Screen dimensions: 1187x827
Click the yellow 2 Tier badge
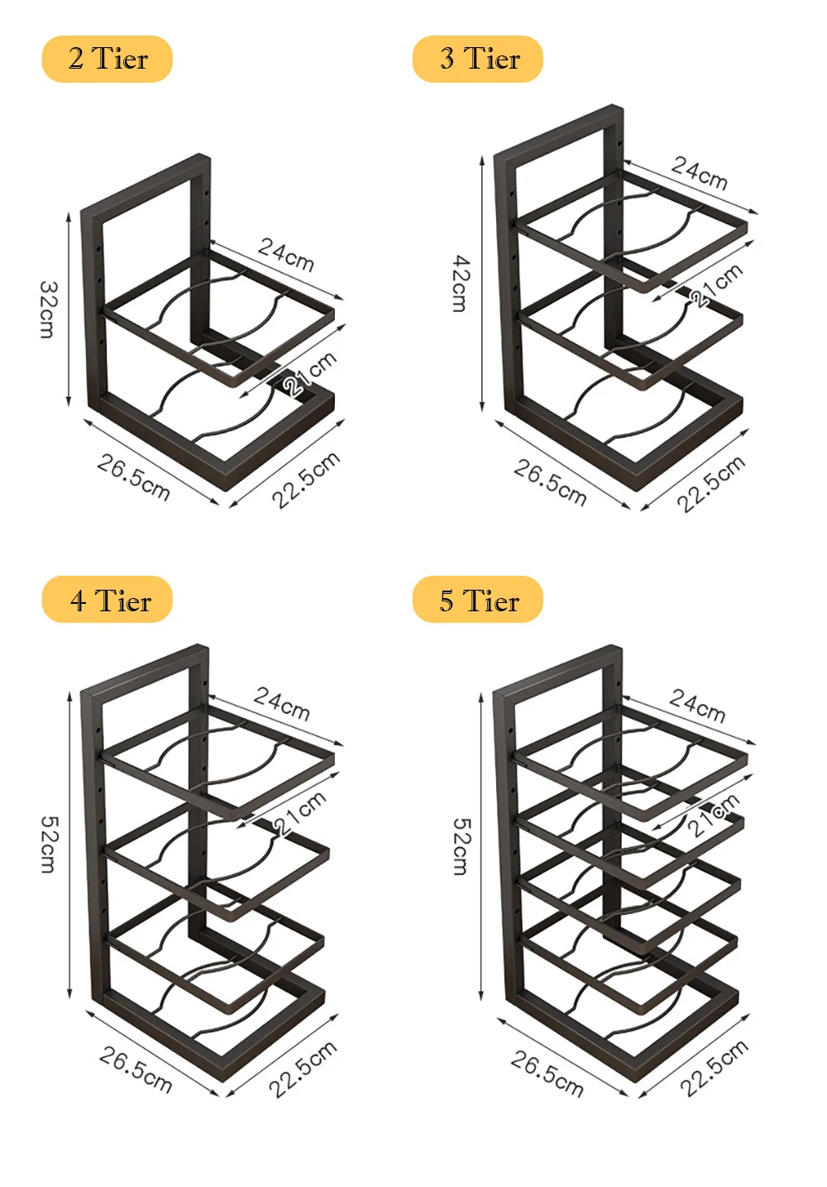[107, 60]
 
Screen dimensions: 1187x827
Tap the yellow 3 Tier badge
[478, 60]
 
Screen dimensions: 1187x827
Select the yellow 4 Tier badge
[108, 600]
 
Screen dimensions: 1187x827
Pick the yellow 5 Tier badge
[478, 600]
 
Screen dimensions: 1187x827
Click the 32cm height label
[48, 309]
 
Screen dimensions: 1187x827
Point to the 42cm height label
[460, 284]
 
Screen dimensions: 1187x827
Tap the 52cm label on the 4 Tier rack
[49, 845]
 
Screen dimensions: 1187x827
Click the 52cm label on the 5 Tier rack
[461, 846]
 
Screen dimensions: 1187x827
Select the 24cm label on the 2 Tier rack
[286, 254]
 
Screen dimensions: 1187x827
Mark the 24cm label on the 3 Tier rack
[699, 173]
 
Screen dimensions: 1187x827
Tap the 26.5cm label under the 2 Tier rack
[134, 477]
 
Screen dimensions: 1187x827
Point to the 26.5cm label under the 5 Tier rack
[547, 1074]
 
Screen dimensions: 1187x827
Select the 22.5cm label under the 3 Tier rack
[711, 483]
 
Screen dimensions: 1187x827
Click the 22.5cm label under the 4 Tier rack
[303, 1069]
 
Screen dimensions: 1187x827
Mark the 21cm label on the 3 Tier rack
[716, 285]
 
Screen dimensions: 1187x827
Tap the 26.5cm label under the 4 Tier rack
[136, 1070]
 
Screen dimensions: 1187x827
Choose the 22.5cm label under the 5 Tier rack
[714, 1068]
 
